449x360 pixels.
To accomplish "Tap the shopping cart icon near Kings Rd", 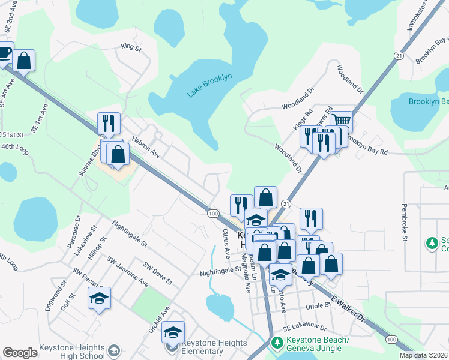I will (341, 121).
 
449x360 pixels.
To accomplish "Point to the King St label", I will (130, 46).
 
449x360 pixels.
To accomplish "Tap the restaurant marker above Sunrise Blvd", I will (109, 124).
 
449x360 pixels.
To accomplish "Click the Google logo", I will (20, 353).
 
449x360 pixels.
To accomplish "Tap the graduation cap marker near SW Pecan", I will (99, 298).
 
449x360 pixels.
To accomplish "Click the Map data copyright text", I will (424, 355).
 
